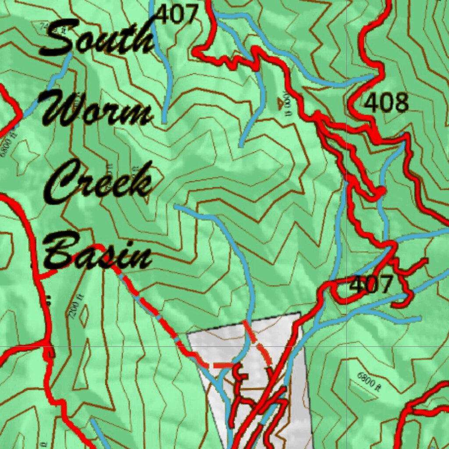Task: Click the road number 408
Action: (x=386, y=103)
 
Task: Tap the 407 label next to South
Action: (x=177, y=15)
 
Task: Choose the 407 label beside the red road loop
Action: (x=371, y=285)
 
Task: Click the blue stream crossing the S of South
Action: (x=66, y=66)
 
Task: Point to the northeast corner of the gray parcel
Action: (x=299, y=313)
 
